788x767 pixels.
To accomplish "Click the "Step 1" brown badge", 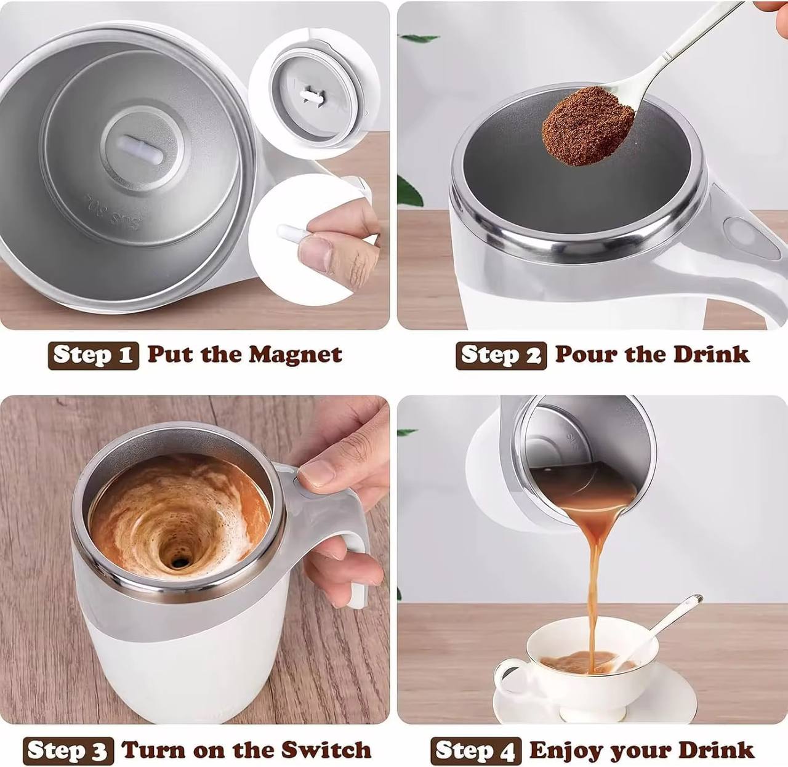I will pos(93,356).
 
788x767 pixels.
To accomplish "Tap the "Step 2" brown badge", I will pos(501,356).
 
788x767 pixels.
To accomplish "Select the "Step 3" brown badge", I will pos(68,751).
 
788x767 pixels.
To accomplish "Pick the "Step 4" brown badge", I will pos(475,751).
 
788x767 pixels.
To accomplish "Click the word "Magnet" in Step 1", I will pos(295,355).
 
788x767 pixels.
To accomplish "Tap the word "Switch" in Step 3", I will pos(326,750).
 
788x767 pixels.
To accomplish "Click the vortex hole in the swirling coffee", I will pos(179,561).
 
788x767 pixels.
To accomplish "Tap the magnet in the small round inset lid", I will pos(312,95).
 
